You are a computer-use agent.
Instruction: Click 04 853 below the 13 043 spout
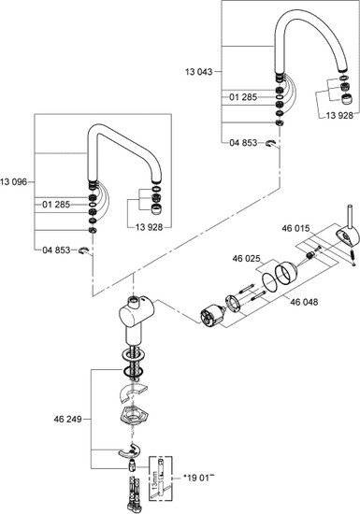click(x=244, y=142)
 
